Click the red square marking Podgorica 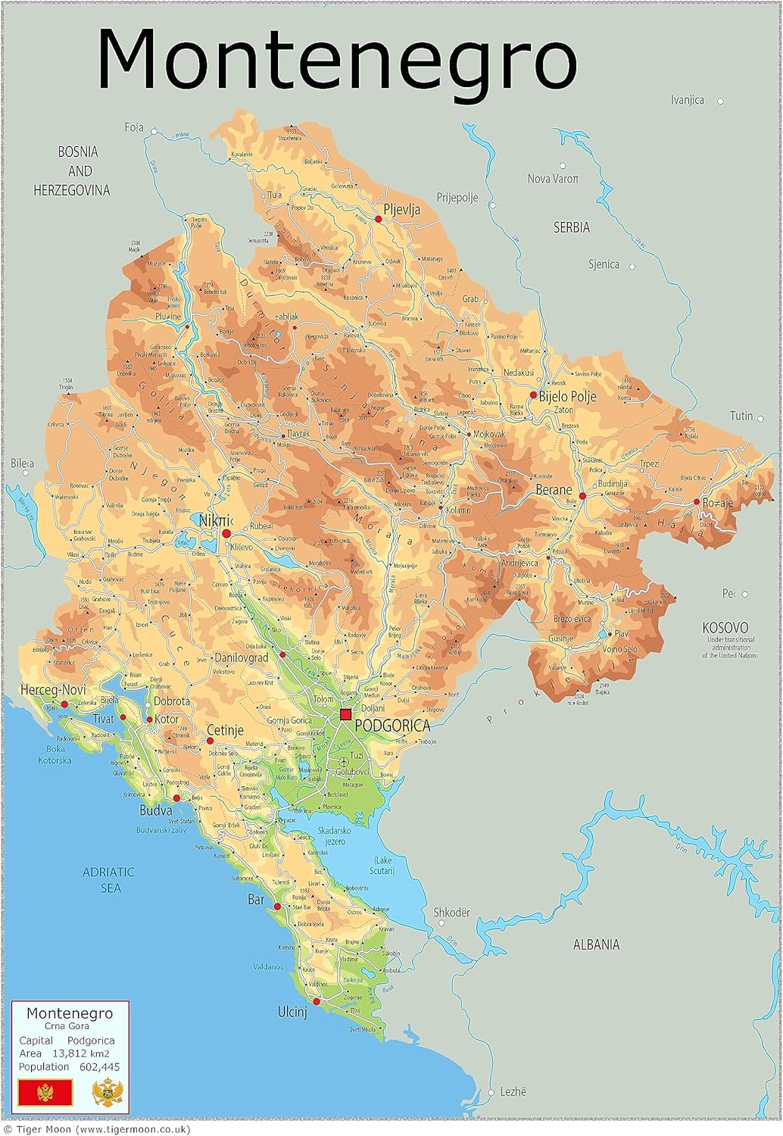click(346, 714)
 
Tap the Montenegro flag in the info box click(45, 1092)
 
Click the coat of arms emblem click(107, 1093)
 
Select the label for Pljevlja click(401, 210)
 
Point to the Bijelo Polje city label click(567, 396)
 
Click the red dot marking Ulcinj click(317, 1001)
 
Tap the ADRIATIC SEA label click(108, 879)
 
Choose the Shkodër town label click(452, 913)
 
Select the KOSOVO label click(725, 628)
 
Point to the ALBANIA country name click(596, 944)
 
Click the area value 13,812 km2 click(80, 1053)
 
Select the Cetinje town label click(225, 730)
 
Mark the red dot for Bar click(277, 906)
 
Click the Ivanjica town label click(687, 100)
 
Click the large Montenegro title click(337, 59)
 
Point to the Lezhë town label click(513, 1091)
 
